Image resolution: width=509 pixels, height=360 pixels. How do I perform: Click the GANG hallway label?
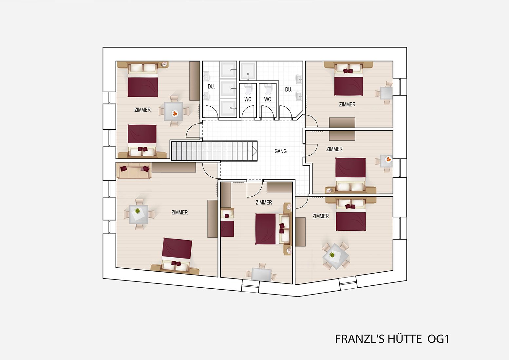coord(280,151)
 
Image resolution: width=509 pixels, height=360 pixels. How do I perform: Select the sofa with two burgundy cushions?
coord(133,171)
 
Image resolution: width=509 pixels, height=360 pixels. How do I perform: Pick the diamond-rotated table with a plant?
coord(336,256)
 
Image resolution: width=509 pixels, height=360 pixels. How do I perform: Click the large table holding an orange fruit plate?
coord(174,112)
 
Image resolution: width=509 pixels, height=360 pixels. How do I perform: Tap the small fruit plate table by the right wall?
coord(387,161)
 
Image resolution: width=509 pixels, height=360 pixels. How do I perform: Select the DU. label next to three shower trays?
coord(211,86)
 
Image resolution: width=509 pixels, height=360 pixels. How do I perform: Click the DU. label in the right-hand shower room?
coord(289,90)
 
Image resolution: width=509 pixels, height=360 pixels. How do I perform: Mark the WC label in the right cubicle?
coord(268,99)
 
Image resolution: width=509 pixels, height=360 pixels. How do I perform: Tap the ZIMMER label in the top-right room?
coord(347,104)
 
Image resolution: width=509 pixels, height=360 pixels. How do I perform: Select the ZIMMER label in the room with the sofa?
coord(179,212)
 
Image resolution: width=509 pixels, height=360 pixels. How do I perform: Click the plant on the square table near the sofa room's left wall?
coord(137,211)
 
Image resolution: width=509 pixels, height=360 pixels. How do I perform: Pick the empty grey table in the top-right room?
coord(386,93)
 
